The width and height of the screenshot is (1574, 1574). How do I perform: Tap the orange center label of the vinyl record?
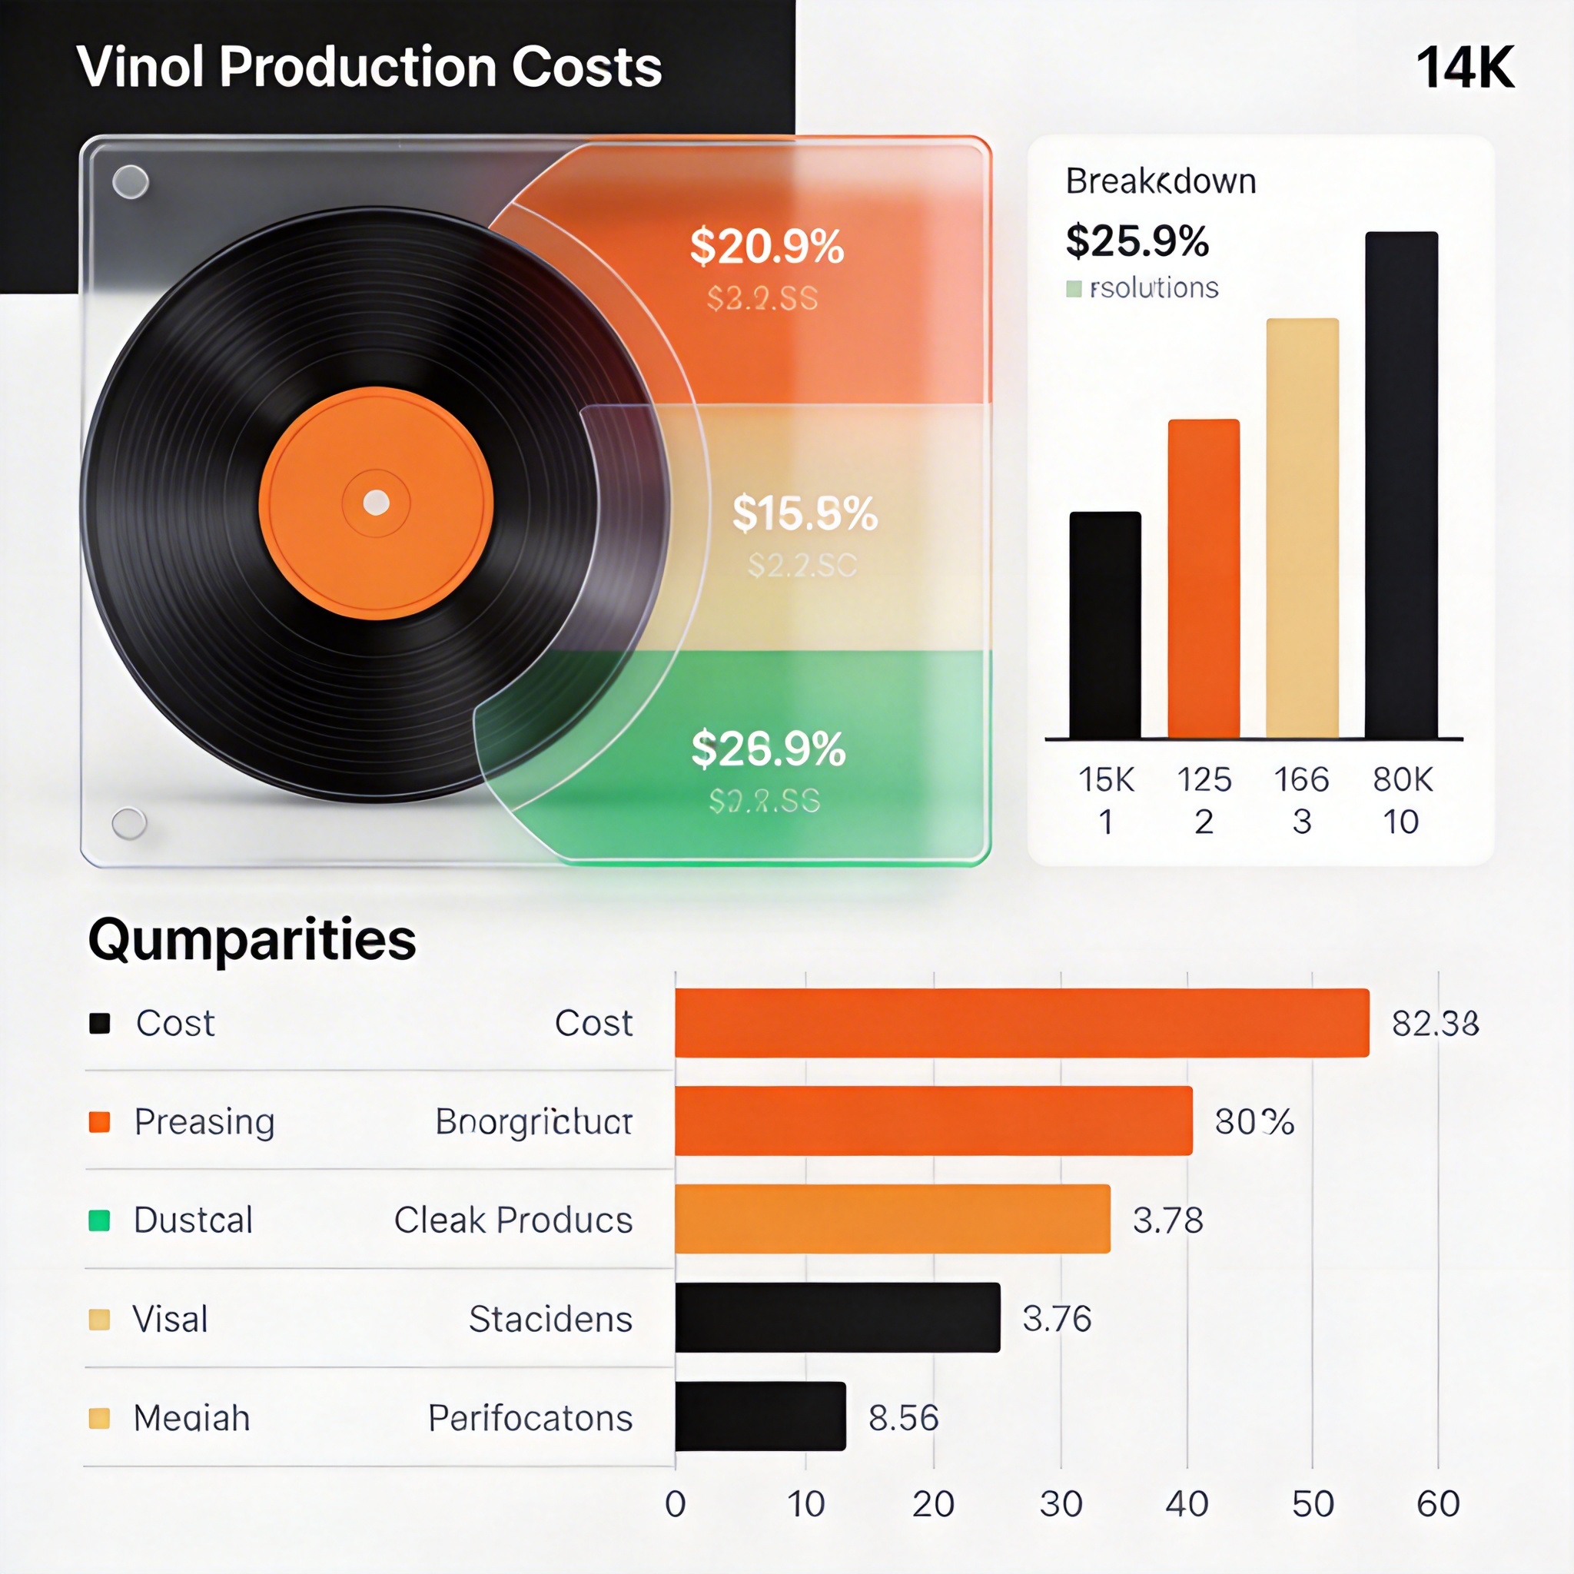point(376,503)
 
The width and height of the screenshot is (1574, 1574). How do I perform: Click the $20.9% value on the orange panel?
point(766,246)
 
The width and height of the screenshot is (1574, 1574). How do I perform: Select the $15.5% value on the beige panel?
point(804,513)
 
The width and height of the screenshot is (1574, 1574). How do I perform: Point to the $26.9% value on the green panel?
point(769,749)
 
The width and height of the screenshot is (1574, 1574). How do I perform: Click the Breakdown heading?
point(1160,181)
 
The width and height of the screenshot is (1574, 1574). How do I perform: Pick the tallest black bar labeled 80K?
point(1401,486)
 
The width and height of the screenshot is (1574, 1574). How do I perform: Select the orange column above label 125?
point(1204,579)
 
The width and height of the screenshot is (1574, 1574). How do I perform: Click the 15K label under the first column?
point(1105,779)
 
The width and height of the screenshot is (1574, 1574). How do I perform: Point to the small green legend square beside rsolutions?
point(1074,288)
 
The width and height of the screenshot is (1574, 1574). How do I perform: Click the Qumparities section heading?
point(252,939)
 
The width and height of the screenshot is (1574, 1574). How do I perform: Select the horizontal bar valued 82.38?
point(1021,1022)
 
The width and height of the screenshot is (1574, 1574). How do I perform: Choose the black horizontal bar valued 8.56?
point(760,1416)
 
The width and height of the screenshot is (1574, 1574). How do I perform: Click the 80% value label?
point(1254,1122)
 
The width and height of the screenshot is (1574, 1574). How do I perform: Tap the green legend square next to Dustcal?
point(99,1220)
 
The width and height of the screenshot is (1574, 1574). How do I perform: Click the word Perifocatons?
point(530,1417)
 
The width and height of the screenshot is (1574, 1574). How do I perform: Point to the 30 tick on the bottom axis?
point(1060,1504)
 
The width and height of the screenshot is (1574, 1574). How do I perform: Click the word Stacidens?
point(551,1318)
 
